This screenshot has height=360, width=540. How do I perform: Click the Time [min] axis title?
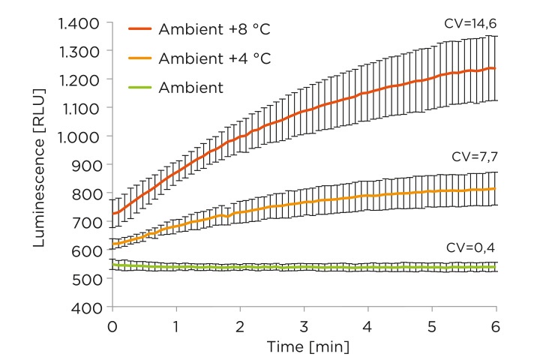(x=304, y=347)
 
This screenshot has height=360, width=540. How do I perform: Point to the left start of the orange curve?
(x=112, y=246)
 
